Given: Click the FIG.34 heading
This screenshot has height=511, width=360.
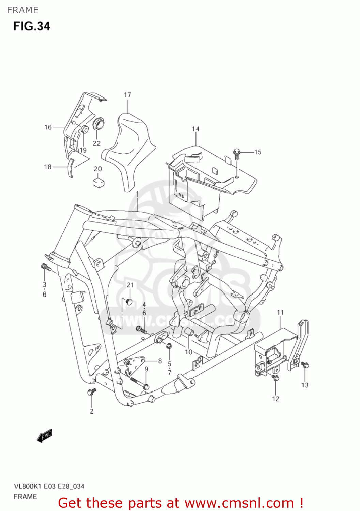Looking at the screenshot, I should pos(32,26).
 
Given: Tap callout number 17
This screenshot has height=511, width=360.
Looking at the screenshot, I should pos(127,95).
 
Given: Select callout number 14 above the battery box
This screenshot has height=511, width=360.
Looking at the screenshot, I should pos(195,129).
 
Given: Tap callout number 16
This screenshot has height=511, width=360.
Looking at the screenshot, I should pos(48,127).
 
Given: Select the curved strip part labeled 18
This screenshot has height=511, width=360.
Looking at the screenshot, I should pos(71,168).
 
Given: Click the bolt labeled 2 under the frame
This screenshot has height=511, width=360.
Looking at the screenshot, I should pos(91,392).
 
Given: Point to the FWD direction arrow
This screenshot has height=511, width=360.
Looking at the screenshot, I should pos(45,435).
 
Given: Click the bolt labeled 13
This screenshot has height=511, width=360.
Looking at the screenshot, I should pos(305,365).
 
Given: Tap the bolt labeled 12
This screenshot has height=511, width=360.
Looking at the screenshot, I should pos(276,377).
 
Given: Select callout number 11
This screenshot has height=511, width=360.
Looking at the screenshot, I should pos(280,312).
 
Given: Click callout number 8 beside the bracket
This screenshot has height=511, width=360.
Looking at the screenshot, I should pos(160,361).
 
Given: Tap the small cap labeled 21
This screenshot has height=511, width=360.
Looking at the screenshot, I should pos(129,301).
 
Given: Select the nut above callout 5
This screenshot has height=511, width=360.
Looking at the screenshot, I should pos(169,346).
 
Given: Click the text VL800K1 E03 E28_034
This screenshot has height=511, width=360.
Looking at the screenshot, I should pos(49,486).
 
